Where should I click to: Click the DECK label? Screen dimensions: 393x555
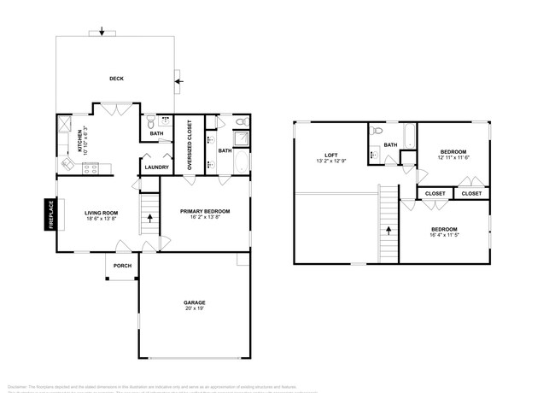click(116, 79)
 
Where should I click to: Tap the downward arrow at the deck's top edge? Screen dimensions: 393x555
click(102, 32)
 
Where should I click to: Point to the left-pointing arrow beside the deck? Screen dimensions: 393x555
click(178, 82)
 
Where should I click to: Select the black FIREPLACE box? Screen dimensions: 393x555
click(50, 214)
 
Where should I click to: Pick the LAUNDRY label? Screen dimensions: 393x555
click(156, 167)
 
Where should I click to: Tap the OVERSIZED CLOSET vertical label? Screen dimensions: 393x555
click(190, 146)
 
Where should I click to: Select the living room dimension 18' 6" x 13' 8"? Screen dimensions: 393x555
click(101, 220)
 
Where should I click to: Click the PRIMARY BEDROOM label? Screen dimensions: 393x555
click(205, 211)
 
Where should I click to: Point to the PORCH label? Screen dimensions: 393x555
click(123, 265)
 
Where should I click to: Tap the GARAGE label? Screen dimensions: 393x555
click(194, 302)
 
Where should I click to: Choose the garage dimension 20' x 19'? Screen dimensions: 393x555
click(194, 309)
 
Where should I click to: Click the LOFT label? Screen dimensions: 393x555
click(330, 154)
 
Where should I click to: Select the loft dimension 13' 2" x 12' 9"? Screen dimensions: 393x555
click(330, 161)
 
